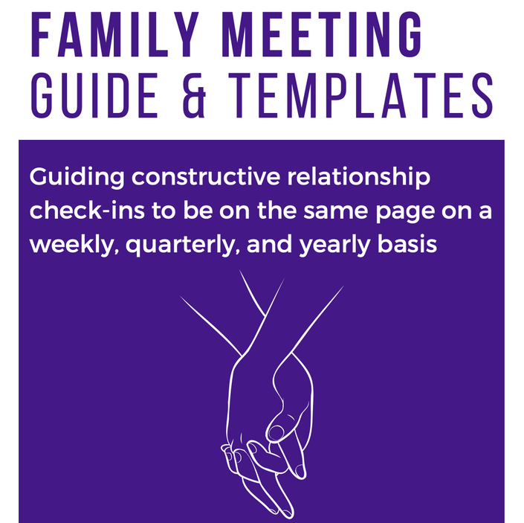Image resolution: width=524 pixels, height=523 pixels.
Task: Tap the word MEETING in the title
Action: pyautogui.click(x=322, y=35)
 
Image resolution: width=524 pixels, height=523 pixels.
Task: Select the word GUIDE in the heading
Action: pyautogui.click(x=94, y=95)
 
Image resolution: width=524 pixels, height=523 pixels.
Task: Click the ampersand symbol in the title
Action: pyautogui.click(x=194, y=95)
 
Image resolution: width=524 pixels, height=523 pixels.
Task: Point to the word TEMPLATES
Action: pyautogui.click(x=361, y=95)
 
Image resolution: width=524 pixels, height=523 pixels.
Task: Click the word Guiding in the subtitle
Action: pyautogui.click(x=77, y=178)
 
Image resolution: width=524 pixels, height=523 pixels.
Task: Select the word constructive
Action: pyautogui.click(x=206, y=176)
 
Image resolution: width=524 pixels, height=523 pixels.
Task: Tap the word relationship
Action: pyautogui.click(x=359, y=178)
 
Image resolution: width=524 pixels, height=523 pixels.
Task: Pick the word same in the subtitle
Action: pyautogui.click(x=335, y=212)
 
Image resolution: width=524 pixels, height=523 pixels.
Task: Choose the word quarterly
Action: pyautogui.click(x=183, y=246)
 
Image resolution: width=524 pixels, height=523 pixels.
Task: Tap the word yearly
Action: pyautogui.click(x=334, y=246)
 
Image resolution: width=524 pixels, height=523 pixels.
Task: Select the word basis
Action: pyautogui.click(x=407, y=244)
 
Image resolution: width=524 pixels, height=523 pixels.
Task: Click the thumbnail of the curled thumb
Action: pyautogui.click(x=276, y=432)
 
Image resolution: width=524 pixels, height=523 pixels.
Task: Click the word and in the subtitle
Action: pyautogui.click(x=269, y=244)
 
